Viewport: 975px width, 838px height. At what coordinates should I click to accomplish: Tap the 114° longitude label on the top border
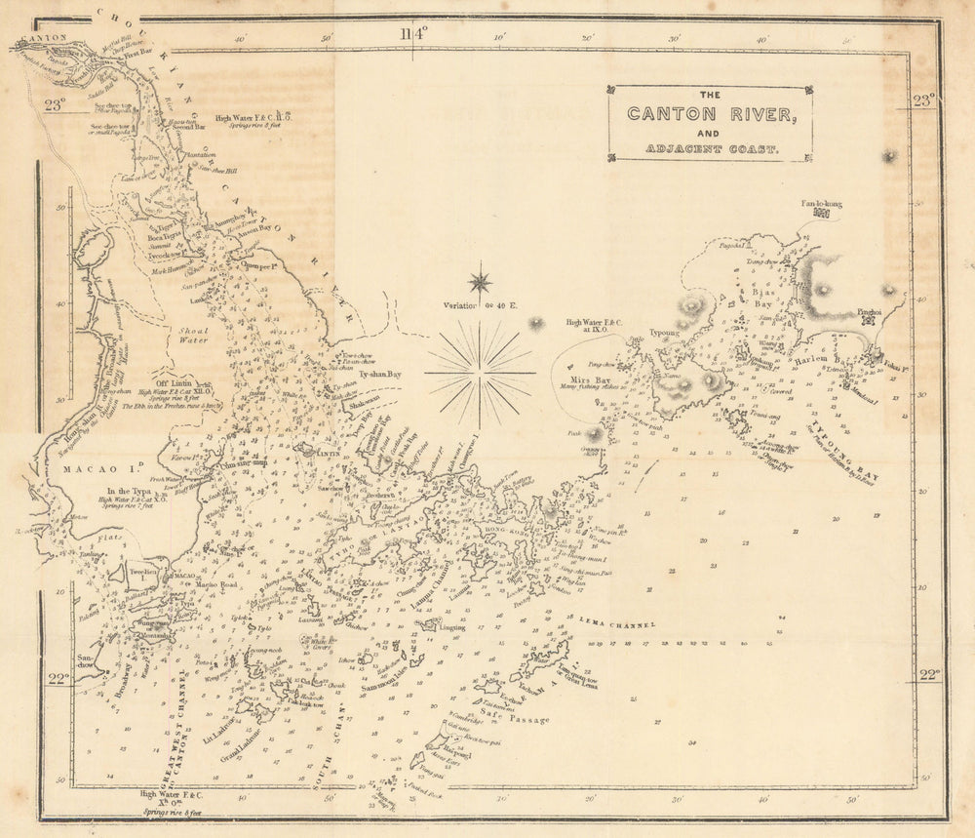click(413, 34)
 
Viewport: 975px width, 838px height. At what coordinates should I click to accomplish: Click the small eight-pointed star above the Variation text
click(480, 283)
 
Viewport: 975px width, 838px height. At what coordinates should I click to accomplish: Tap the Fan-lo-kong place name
click(821, 204)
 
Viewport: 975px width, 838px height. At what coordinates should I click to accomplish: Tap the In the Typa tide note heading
click(135, 490)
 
